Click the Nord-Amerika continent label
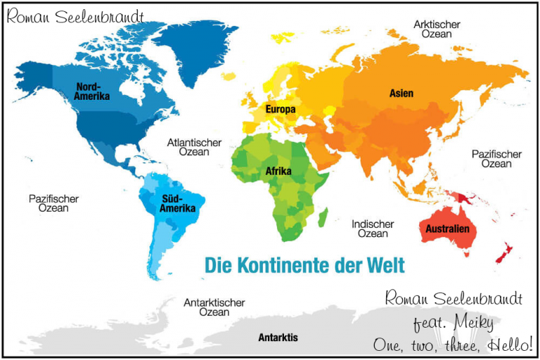pos(93,91)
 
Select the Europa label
pos(280,110)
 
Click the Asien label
pos(401,93)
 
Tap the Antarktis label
pos(278,337)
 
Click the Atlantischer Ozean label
pos(194,147)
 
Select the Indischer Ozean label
pos(373,229)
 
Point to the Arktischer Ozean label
pos(437,30)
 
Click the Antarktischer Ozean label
pos(214,307)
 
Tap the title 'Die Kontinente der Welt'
pos(304,266)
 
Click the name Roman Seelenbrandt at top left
pos(75,16)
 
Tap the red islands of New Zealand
pos(505,252)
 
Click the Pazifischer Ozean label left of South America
pos(53,204)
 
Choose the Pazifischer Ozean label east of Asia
pos(496,159)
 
